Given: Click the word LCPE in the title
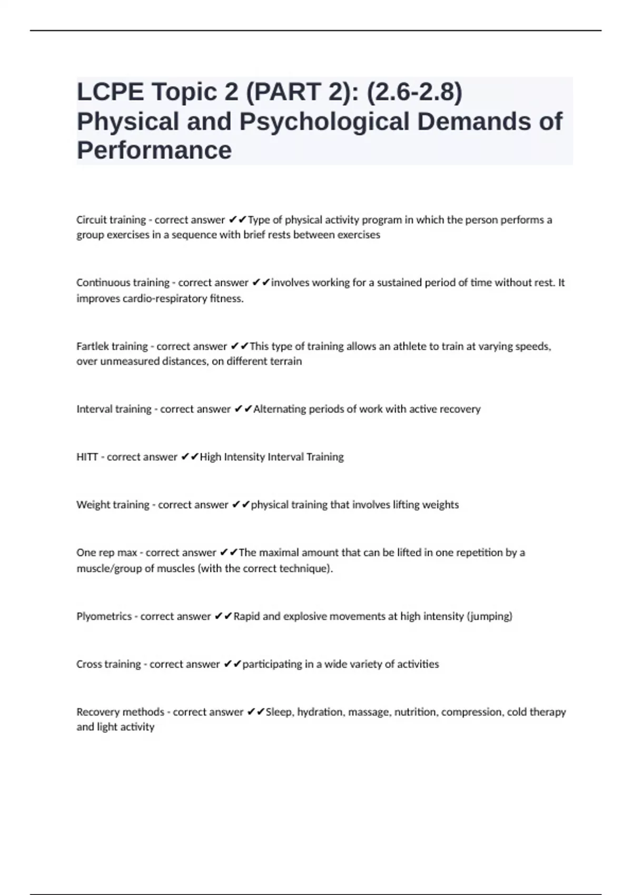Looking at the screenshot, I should (110, 92).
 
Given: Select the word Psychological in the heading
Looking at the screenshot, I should (325, 122).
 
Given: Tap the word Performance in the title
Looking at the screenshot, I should (154, 151).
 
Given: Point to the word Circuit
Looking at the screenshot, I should (91, 220).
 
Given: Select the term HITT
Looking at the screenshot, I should (87, 457).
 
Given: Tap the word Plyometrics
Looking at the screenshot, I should (104, 616).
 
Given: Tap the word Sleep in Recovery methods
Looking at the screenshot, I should (279, 712).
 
